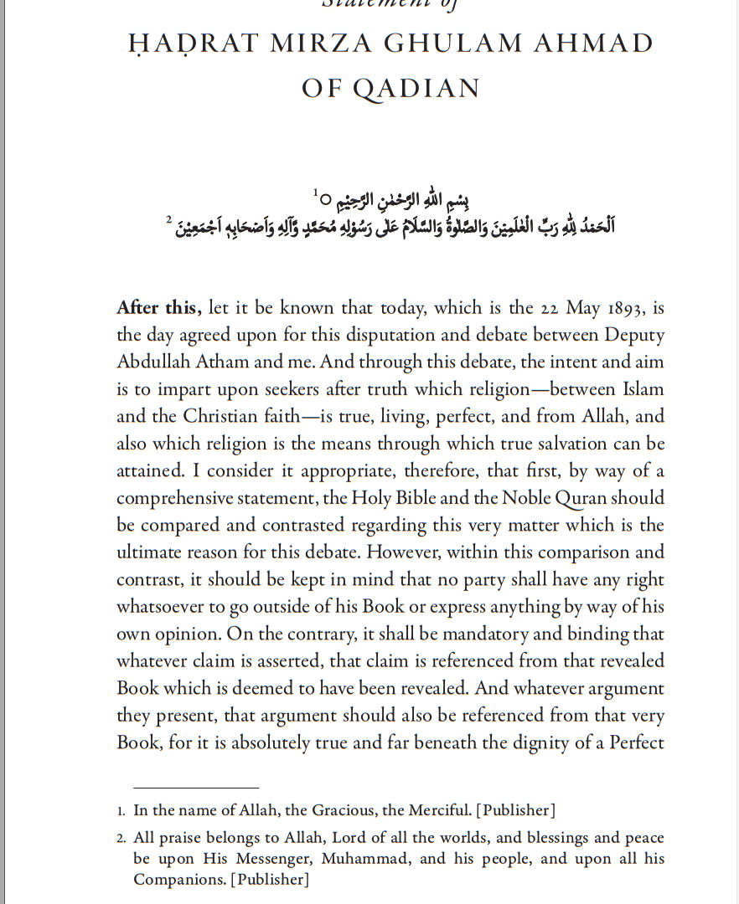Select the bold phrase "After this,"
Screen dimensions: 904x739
[159, 307]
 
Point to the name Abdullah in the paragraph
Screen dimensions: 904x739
[153, 362]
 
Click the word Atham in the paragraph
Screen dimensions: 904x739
[225, 362]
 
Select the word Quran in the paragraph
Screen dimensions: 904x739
[580, 497]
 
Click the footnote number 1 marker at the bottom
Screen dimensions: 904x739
[121, 810]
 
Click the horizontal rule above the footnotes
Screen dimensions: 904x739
[196, 788]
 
